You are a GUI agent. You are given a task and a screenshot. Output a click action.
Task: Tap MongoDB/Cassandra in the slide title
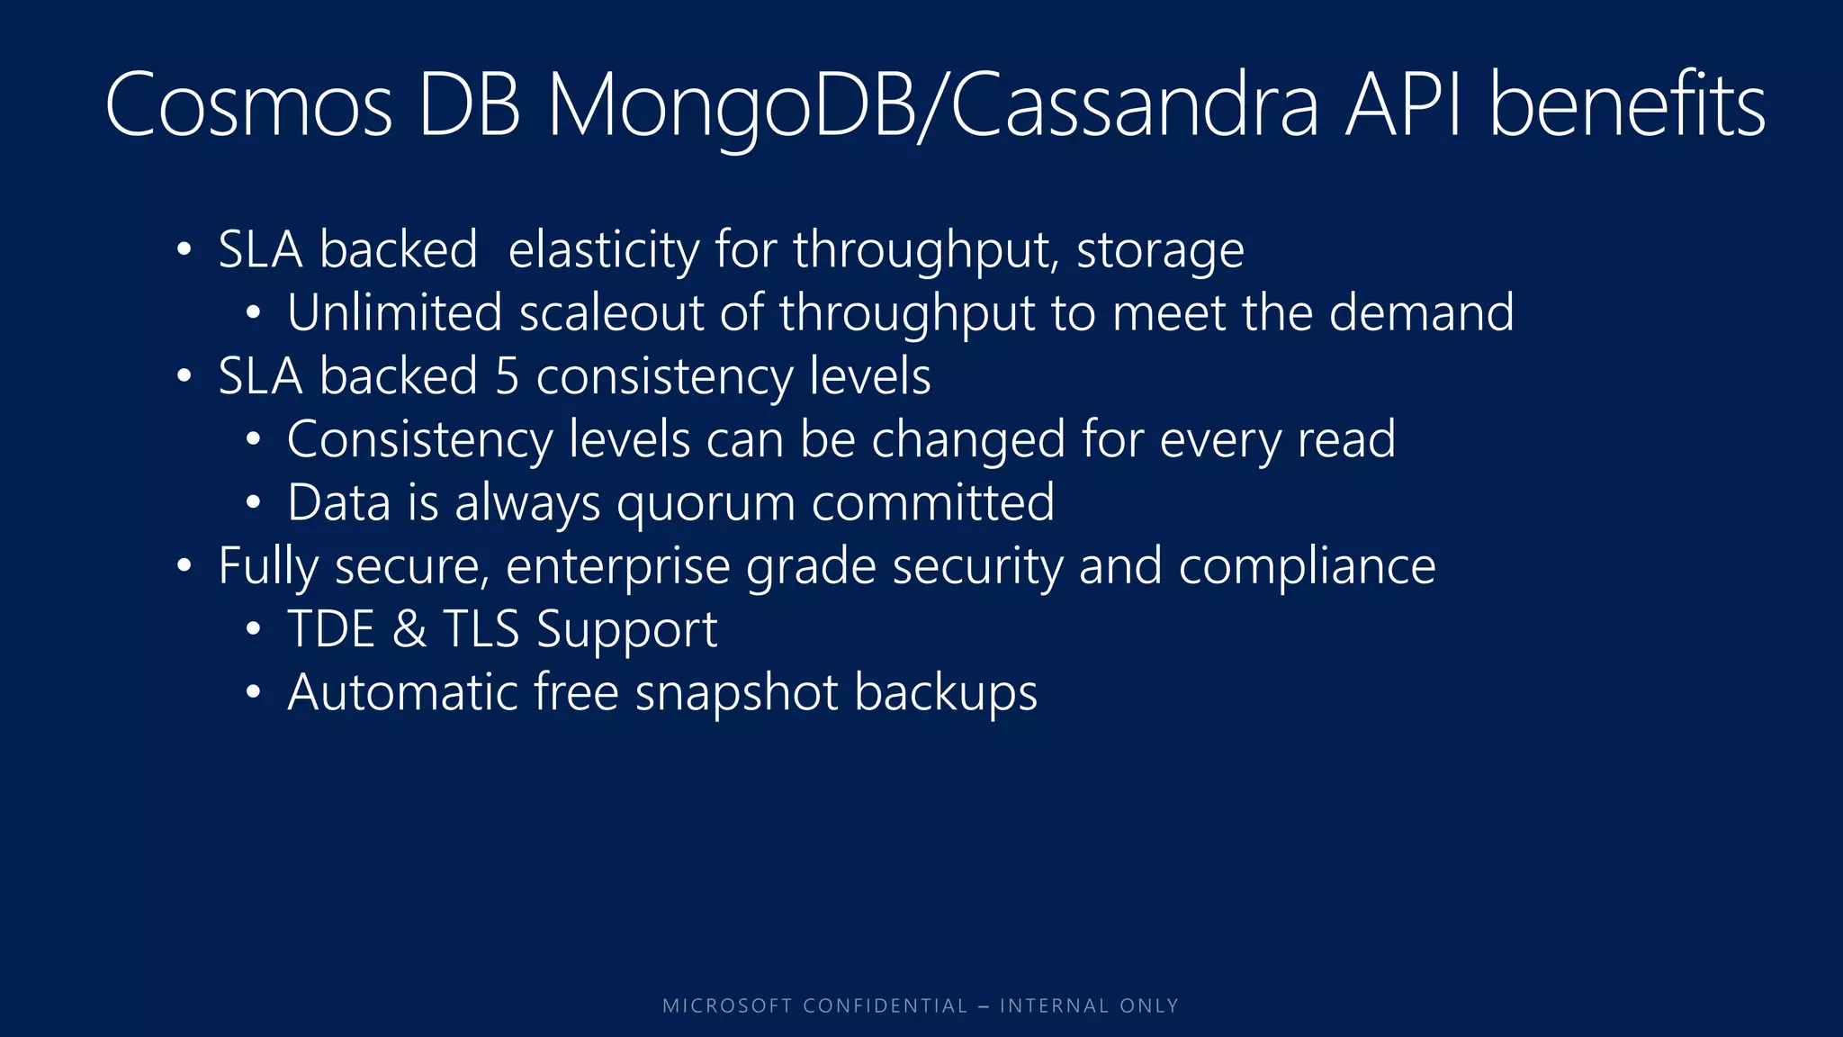(x=932, y=106)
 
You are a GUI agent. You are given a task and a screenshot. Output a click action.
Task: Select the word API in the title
(x=1405, y=106)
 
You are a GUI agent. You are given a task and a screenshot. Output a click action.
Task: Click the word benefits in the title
(x=1627, y=106)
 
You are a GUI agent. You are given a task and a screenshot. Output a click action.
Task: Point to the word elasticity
(x=603, y=249)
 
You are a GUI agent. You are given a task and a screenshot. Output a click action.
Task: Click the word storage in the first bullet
(x=1160, y=251)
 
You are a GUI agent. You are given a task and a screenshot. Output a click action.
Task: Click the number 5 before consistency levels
(x=508, y=376)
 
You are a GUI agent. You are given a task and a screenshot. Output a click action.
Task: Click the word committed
(x=932, y=502)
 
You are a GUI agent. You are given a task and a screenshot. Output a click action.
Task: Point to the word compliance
(x=1307, y=567)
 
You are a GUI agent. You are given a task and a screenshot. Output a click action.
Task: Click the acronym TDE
(x=330, y=628)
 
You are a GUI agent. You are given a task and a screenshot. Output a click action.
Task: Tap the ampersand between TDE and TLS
(x=409, y=629)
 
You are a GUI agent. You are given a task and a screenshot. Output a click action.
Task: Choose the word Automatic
(x=402, y=692)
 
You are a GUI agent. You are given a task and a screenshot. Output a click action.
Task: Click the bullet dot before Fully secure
(x=184, y=566)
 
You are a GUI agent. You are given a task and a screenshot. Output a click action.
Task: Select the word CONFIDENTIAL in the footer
(x=885, y=1005)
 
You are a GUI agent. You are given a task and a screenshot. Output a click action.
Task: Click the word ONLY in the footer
(x=1148, y=1005)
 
